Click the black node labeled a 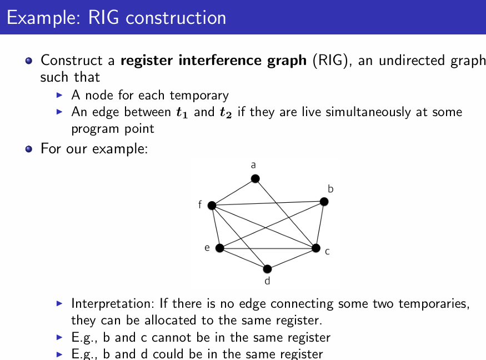[255, 178]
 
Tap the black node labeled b [324, 202]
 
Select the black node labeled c [316, 248]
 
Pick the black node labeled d [267, 268]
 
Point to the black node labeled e [220, 248]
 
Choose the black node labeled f [212, 206]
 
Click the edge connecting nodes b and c [320, 224]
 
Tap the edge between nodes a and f [233, 192]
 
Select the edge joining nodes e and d [243, 258]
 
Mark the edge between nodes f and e [216, 227]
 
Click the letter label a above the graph [253, 164]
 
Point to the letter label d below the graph [267, 281]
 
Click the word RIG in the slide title [103, 17]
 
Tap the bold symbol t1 [182, 112]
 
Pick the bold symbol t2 [226, 112]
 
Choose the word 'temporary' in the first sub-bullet [199, 96]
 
